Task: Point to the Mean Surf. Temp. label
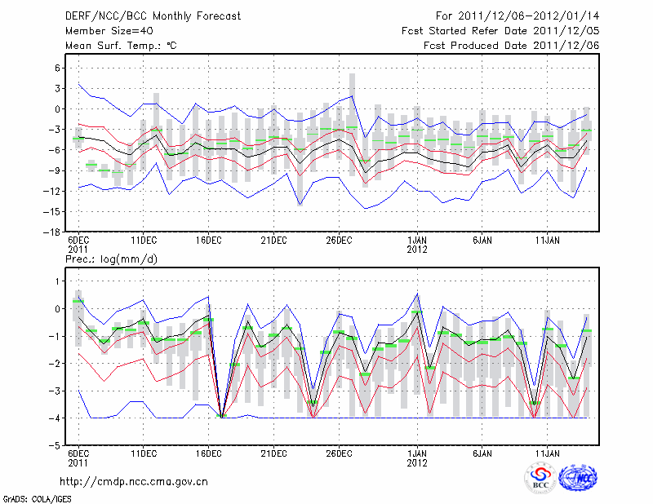tap(121, 45)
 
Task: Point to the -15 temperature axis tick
tap(54, 211)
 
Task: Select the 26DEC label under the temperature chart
tap(339, 241)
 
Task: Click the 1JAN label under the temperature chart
tap(417, 241)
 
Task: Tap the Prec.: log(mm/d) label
tap(111, 259)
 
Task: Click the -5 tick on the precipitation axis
tap(56, 446)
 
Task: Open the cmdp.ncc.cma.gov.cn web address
tap(134, 481)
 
